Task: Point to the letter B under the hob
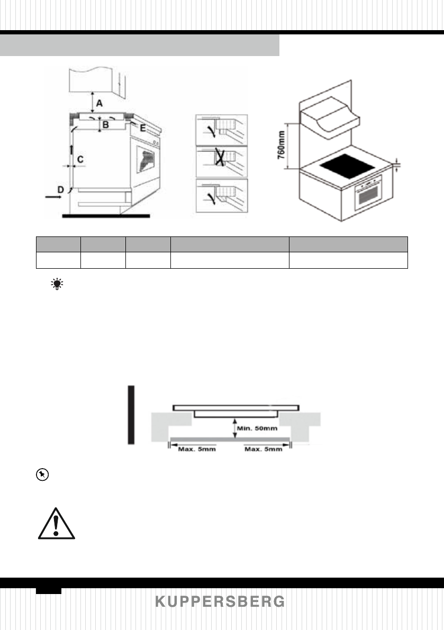click(x=105, y=125)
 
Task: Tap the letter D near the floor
click(x=61, y=189)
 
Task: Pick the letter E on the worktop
click(x=142, y=127)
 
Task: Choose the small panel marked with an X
click(x=222, y=162)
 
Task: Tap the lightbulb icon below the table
click(x=56, y=285)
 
